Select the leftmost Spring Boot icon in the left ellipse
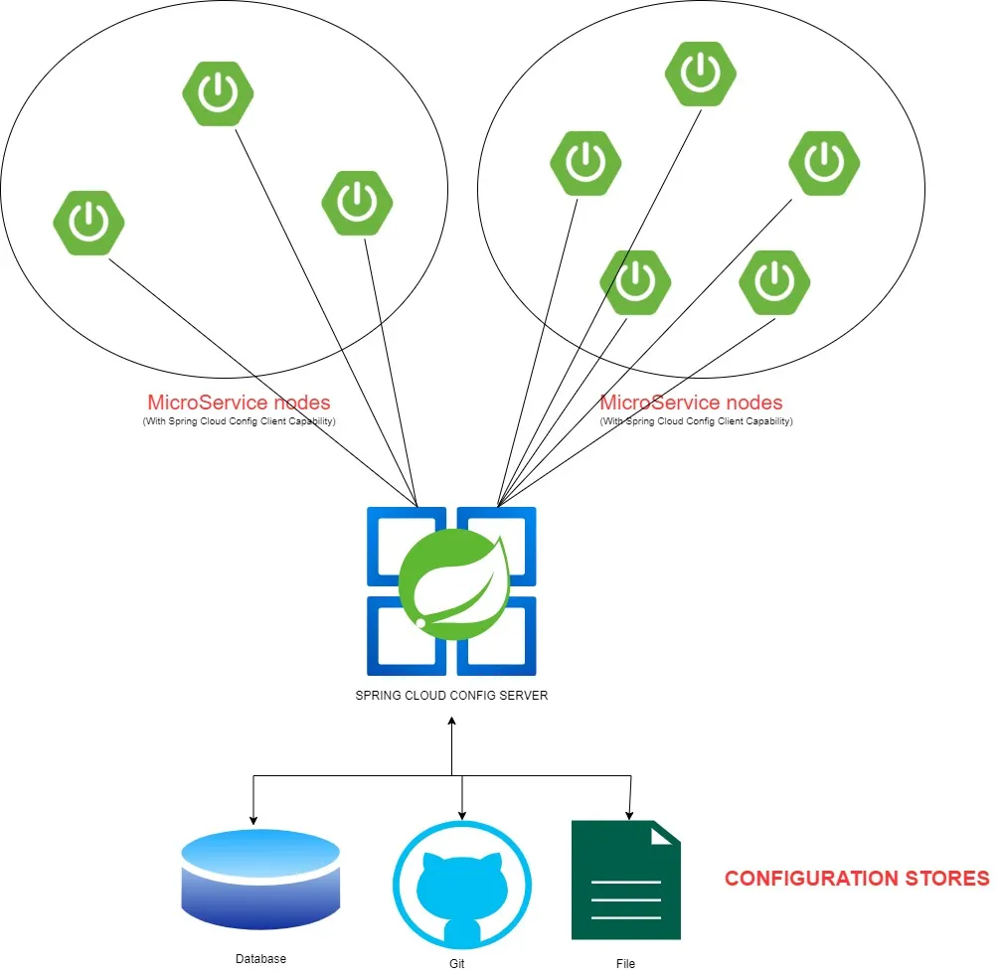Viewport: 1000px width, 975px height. pyautogui.click(x=88, y=223)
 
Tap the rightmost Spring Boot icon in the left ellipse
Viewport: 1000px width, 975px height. pyautogui.click(x=357, y=203)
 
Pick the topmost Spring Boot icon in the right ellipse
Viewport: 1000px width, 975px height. pyautogui.click(x=701, y=75)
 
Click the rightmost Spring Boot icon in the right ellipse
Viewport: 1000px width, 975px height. pyautogui.click(x=824, y=164)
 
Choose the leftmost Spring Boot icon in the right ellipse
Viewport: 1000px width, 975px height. pyautogui.click(x=585, y=164)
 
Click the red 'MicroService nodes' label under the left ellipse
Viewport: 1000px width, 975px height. pyautogui.click(x=239, y=403)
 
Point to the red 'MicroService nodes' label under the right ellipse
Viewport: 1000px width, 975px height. pyautogui.click(x=692, y=403)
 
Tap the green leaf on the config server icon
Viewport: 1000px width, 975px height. pyautogui.click(x=455, y=586)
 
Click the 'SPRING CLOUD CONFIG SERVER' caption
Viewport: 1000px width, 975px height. pyautogui.click(x=451, y=696)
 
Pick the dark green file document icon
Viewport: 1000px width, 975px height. pyautogui.click(x=625, y=880)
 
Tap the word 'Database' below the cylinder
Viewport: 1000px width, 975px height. pyautogui.click(x=260, y=959)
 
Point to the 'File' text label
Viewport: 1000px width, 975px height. pyautogui.click(x=624, y=963)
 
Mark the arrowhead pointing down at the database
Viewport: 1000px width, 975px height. pyautogui.click(x=253, y=820)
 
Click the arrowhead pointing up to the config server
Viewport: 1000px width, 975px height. pyautogui.click(x=452, y=720)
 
